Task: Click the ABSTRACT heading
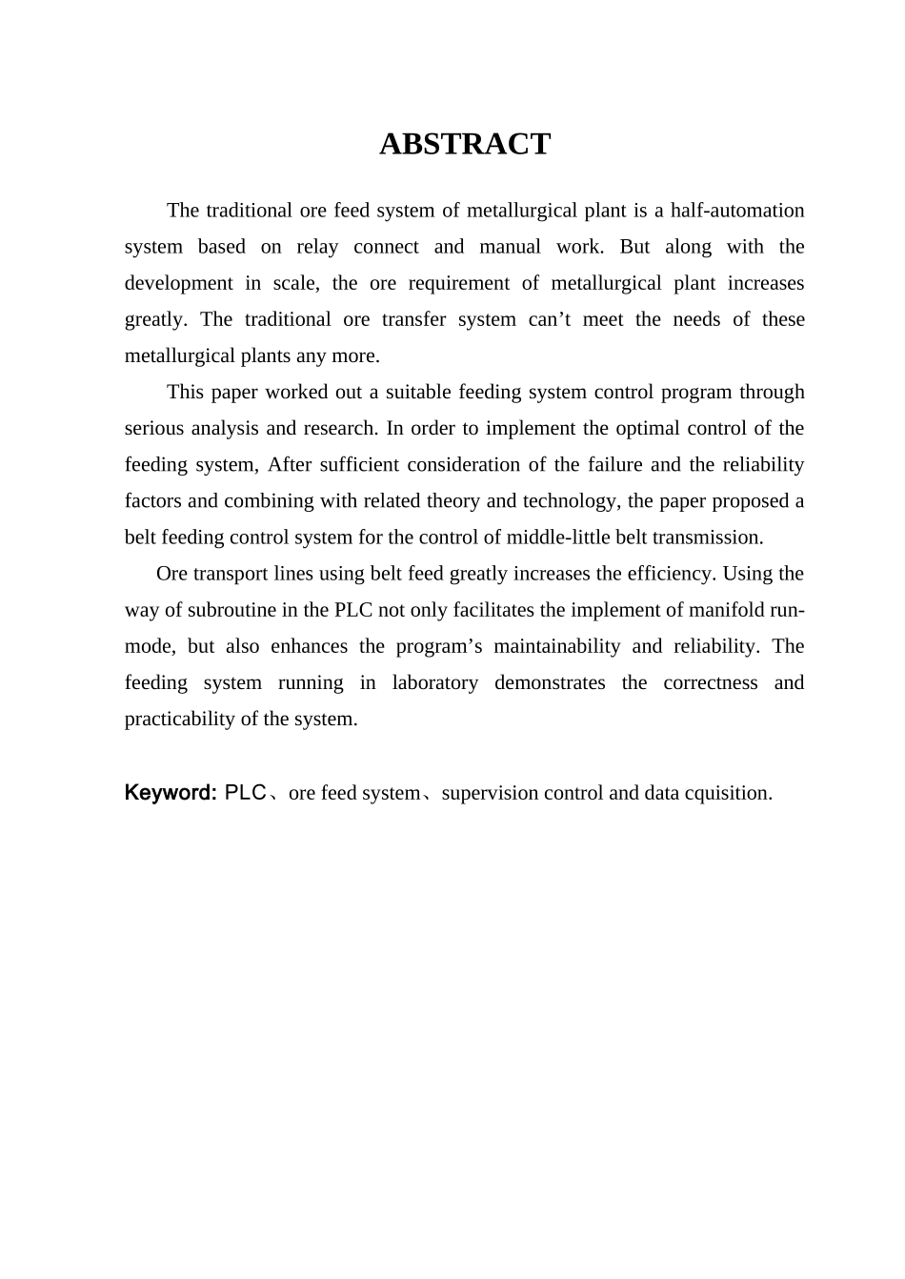click(x=465, y=144)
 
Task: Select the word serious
click(x=154, y=428)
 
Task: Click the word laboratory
click(x=434, y=682)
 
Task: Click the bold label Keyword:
click(x=171, y=793)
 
